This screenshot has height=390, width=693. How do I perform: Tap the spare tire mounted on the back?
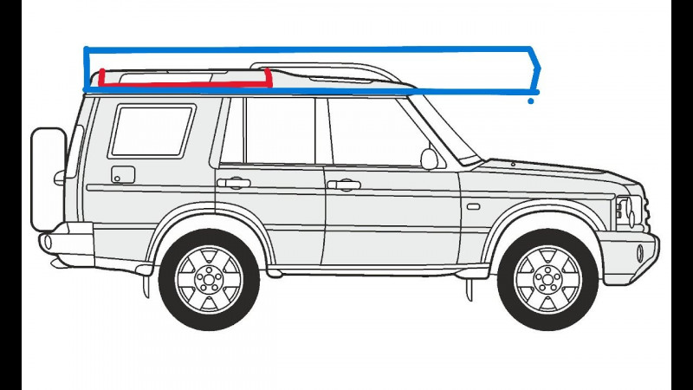[49, 179]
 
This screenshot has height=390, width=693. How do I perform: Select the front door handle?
[344, 185]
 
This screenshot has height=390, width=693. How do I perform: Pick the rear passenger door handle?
[233, 183]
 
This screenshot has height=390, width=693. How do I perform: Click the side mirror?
[430, 159]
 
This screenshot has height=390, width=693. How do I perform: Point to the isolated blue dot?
[531, 101]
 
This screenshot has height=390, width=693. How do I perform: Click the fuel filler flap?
[123, 174]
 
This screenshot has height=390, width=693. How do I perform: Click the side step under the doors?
[364, 271]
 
